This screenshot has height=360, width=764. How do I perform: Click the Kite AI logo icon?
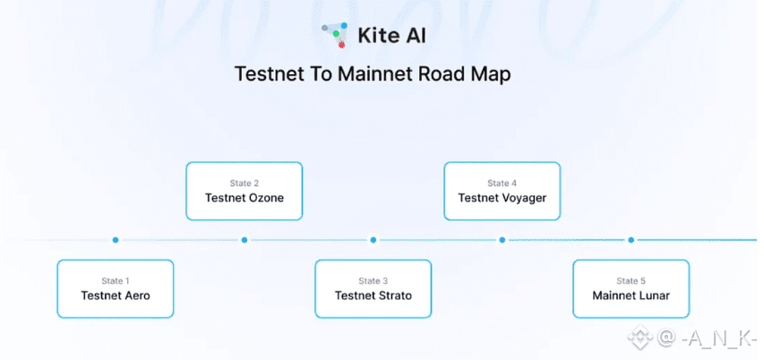click(x=335, y=34)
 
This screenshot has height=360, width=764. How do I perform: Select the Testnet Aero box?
click(x=116, y=288)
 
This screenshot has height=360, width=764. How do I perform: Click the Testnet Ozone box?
click(x=245, y=191)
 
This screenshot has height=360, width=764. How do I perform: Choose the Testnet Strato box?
click(x=373, y=288)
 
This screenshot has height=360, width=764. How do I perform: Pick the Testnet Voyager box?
click(x=502, y=191)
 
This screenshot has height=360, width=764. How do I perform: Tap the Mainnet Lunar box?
click(x=631, y=288)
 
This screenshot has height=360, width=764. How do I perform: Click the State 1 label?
click(x=116, y=281)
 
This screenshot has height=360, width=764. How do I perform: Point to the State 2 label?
click(x=245, y=184)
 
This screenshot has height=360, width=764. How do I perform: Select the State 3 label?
click(x=373, y=281)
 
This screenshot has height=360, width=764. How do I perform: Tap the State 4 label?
click(x=502, y=184)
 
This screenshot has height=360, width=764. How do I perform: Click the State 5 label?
click(x=631, y=281)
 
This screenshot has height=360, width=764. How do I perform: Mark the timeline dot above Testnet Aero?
click(x=116, y=240)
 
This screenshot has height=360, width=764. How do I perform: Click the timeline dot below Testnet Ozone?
click(x=245, y=240)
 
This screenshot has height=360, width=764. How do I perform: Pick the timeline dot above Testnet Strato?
click(x=373, y=240)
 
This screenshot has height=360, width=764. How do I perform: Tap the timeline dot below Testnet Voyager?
click(x=502, y=240)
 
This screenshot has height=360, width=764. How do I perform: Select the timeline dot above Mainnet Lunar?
click(x=631, y=240)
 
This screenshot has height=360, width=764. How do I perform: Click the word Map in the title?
click(x=491, y=73)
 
